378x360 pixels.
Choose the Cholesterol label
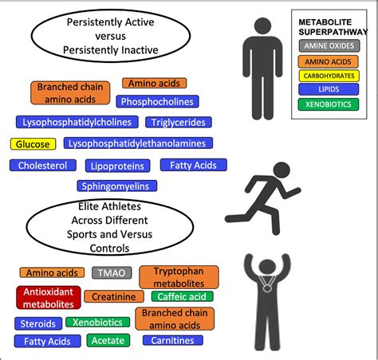click(x=43, y=165)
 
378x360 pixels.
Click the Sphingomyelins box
click(x=117, y=186)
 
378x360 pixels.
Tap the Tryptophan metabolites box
click(x=179, y=277)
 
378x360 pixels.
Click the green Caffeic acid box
click(x=182, y=296)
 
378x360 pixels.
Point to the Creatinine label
click(x=114, y=296)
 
